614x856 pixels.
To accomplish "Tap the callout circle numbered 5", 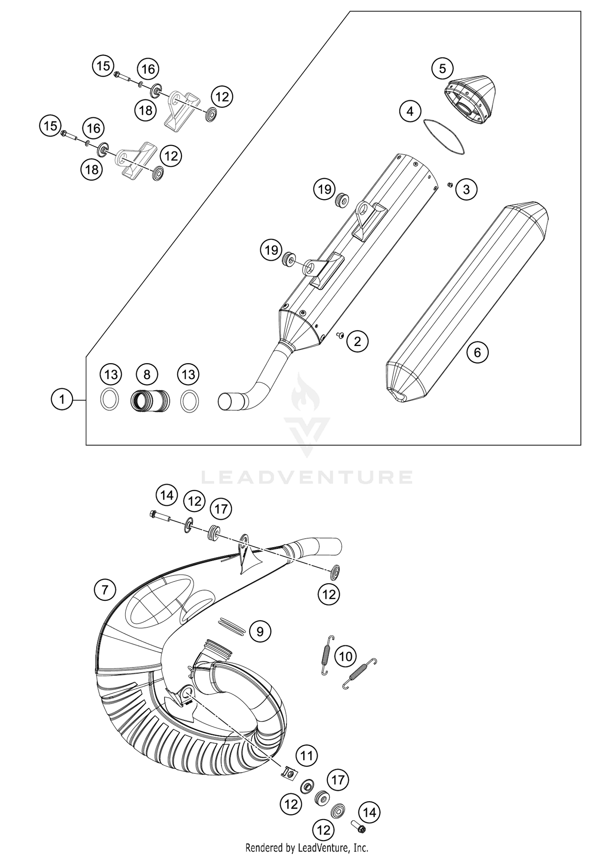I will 442,68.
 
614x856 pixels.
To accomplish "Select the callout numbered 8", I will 147,374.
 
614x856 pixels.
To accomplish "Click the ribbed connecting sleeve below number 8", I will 150,401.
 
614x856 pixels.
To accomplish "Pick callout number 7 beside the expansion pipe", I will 105,590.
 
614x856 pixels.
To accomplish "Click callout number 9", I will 260,631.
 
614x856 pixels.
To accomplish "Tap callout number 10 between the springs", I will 346,657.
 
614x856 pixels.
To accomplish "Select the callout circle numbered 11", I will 307,755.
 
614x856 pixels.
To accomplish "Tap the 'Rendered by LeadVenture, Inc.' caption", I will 307,847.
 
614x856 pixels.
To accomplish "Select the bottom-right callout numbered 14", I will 369,812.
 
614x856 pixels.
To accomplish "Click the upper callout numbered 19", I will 325,189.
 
